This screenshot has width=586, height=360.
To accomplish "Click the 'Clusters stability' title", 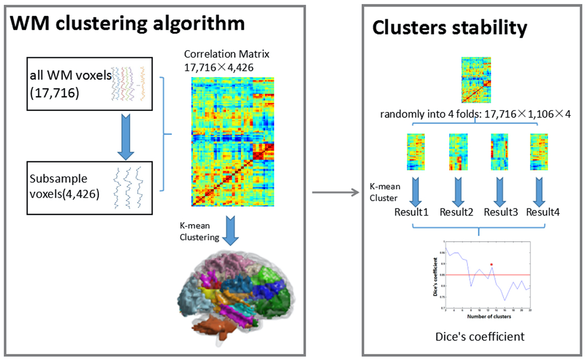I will (x=449, y=28).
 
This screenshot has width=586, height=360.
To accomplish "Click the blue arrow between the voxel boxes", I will (x=126, y=137).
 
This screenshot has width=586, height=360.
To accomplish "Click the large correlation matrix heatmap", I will (x=233, y=141).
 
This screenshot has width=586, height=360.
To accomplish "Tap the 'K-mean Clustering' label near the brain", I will (x=199, y=232).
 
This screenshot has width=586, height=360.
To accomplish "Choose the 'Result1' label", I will (x=411, y=212).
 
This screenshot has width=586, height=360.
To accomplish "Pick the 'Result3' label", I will (x=500, y=212).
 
